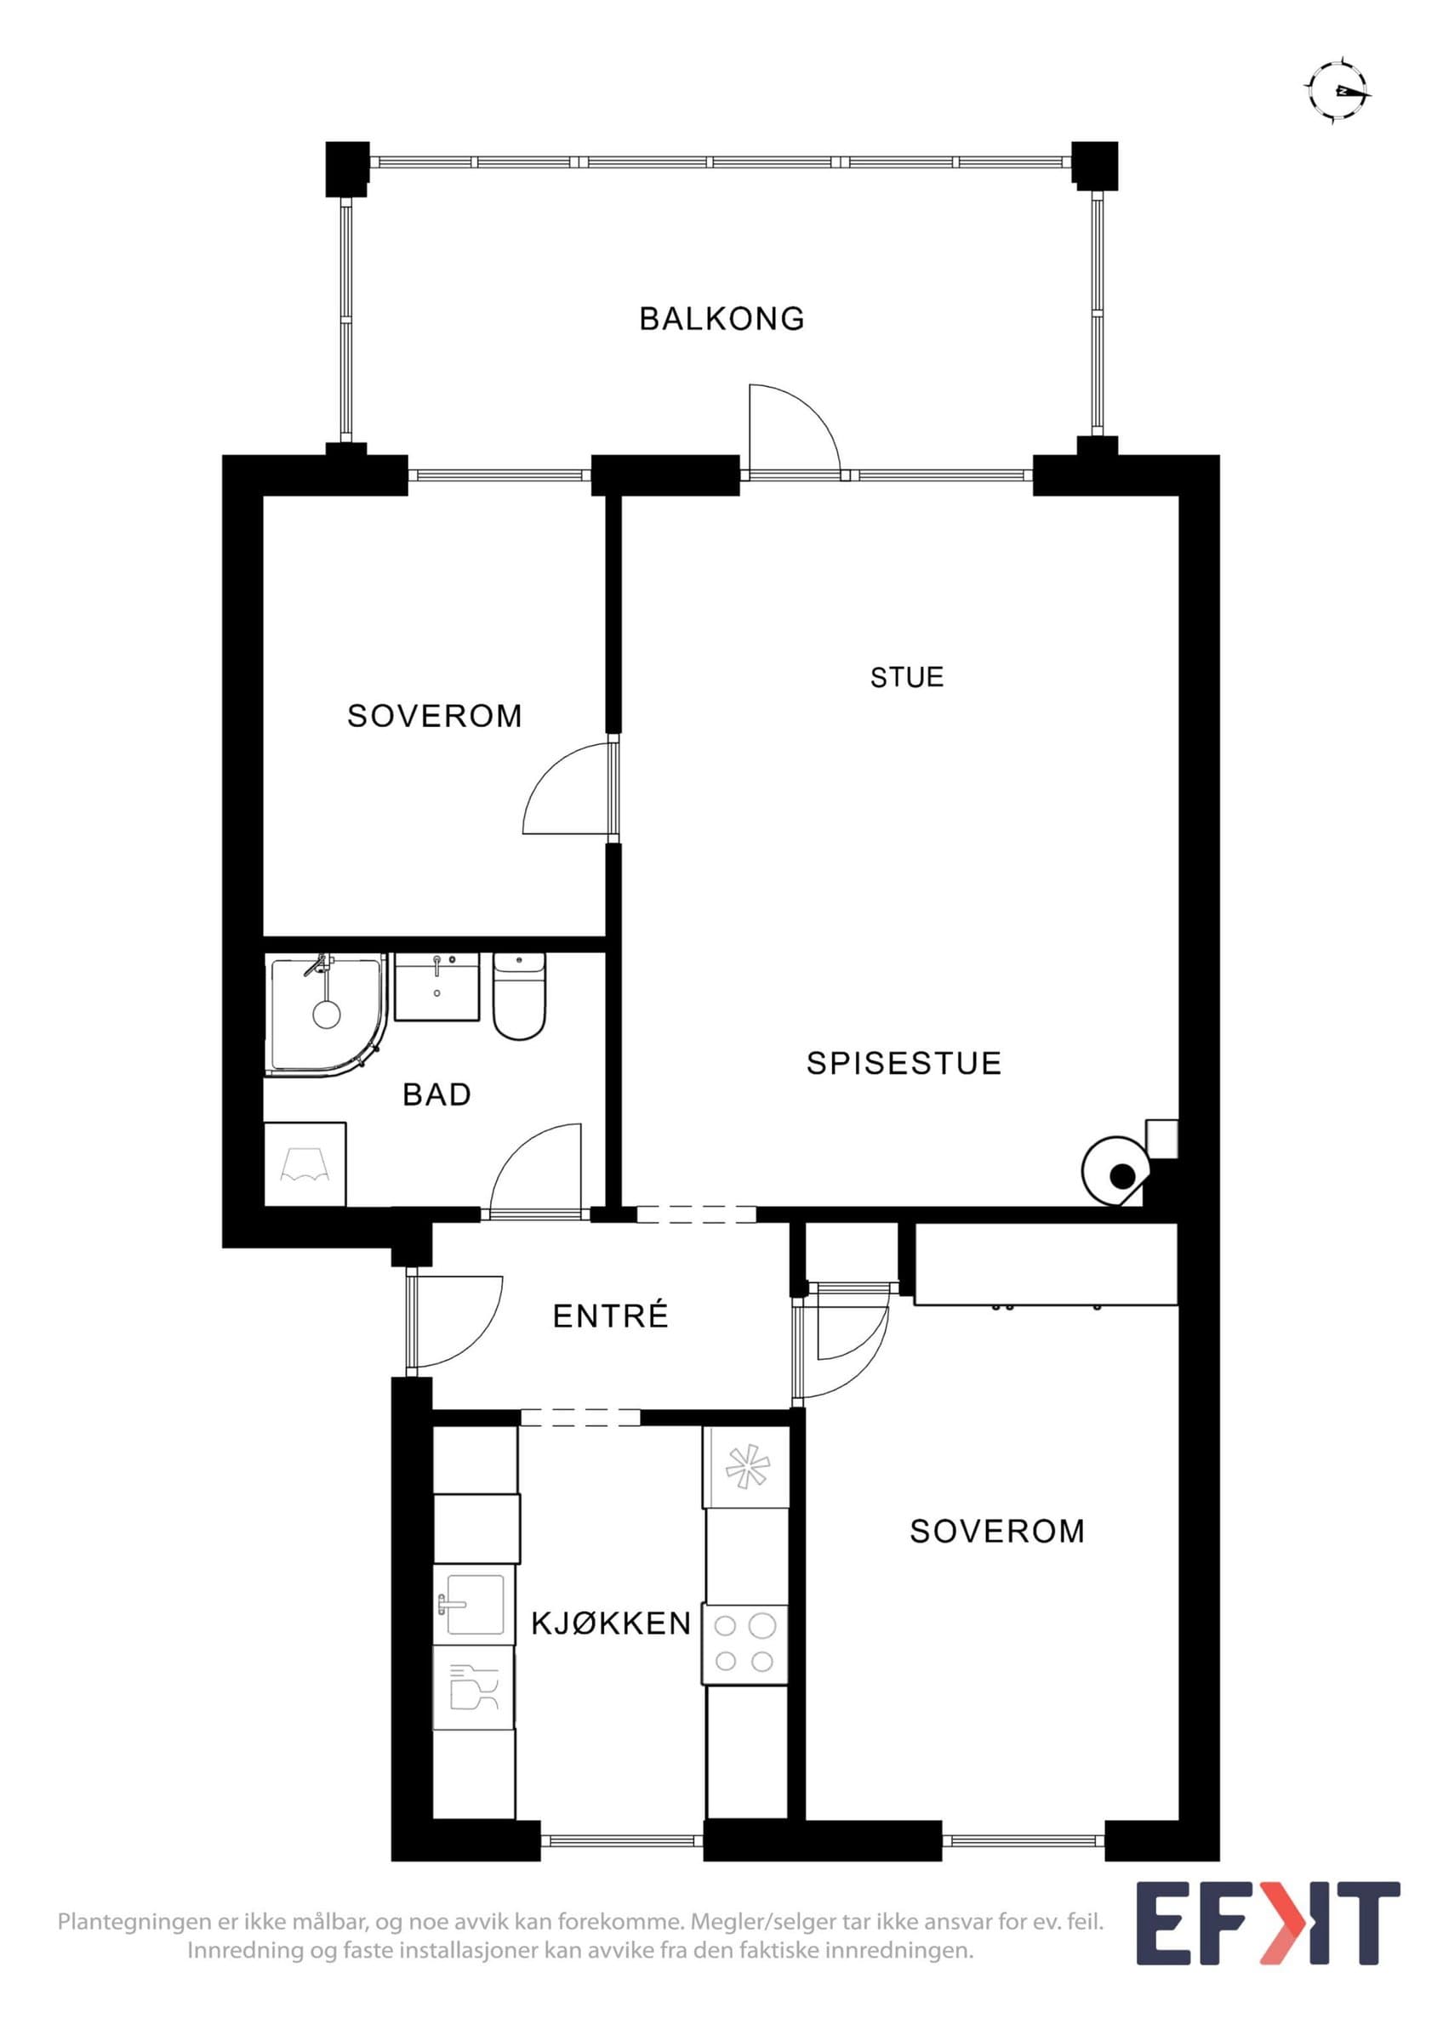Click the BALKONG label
pos(722,318)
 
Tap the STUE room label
pos(907,678)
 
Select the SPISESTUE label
pos(904,1063)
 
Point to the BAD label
pos(436,1094)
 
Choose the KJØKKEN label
pos(612,1624)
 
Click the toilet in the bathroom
pos(519,996)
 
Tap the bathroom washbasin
pos(436,986)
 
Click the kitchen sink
pos(475,1605)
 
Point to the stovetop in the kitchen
pos(745,1644)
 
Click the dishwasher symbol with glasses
pos(474,1687)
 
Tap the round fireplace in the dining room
pos(1116,1173)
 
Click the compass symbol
pos(1337,91)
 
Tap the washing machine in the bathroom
pos(305,1164)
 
